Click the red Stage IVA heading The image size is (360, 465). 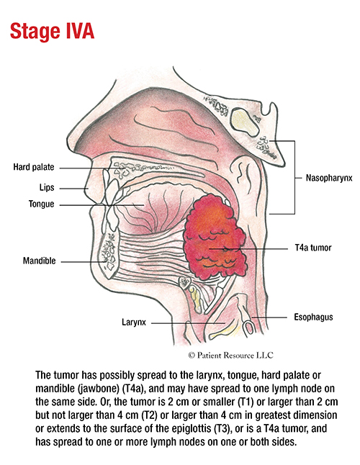pos(52,31)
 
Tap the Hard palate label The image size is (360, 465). pos(34,167)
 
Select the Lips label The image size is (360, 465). pos(47,187)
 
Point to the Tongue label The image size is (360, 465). pos(42,204)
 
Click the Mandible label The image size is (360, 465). pos(40,261)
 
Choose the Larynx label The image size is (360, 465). pos(134,322)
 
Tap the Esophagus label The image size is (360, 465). pos(313,317)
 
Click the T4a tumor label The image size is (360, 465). pos(313,248)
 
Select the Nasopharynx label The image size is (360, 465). pos(329,178)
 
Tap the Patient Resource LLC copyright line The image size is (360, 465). pos(230,355)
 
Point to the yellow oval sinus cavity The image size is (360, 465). pos(245,121)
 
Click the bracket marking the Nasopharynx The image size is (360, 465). pos(294,177)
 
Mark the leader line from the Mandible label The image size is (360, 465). pos(84,262)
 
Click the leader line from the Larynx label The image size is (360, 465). pos(189,323)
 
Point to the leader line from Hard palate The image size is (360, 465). pos(91,168)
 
